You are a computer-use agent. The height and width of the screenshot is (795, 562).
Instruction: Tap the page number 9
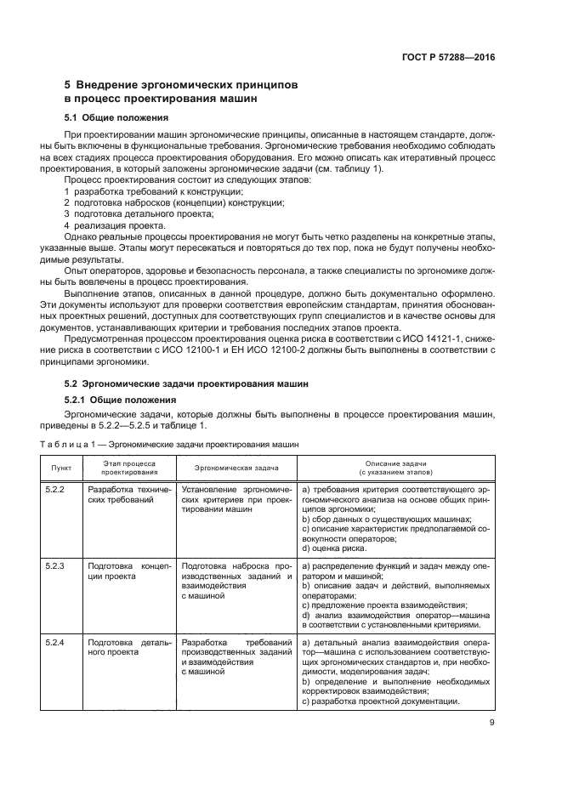click(492, 724)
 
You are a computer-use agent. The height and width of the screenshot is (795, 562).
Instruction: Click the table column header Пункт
click(61, 467)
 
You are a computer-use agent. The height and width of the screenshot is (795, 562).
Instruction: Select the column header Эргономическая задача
click(236, 467)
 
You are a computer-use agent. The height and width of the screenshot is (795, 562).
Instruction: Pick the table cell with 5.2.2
click(55, 491)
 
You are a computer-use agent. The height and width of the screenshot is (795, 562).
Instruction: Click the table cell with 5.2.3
click(55, 565)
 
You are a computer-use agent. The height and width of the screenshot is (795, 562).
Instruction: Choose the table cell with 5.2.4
click(55, 641)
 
